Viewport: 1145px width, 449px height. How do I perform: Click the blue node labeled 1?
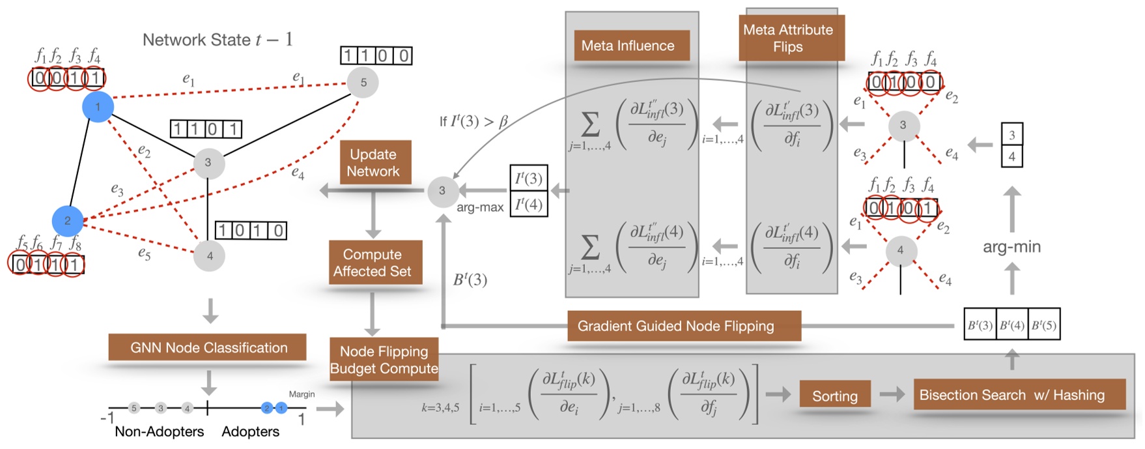[x=98, y=107]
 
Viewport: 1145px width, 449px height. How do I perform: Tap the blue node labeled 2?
[x=68, y=220]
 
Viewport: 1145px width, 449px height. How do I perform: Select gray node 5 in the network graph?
[x=363, y=83]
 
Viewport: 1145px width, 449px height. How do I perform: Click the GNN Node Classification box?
[x=208, y=348]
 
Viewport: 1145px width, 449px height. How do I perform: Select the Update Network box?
[x=373, y=163]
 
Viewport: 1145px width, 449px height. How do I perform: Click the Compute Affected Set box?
[x=373, y=263]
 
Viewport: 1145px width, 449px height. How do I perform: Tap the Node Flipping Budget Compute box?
[x=384, y=360]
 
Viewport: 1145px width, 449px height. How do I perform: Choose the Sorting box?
[x=834, y=396]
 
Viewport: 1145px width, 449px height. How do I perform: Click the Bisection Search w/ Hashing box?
[x=1011, y=395]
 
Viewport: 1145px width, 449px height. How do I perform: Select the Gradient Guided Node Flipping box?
[x=676, y=326]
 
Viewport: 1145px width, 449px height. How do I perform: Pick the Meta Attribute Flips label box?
[x=788, y=38]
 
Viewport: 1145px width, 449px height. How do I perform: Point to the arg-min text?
[x=1011, y=247]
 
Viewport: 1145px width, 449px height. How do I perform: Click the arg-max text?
[x=480, y=207]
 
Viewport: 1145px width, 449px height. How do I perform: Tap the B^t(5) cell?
[x=1044, y=325]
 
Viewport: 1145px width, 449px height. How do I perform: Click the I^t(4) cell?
[x=528, y=205]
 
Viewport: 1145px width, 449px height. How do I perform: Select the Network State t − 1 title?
[x=218, y=40]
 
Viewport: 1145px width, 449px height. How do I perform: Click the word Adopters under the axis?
[x=250, y=431]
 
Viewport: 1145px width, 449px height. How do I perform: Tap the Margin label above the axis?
[x=302, y=394]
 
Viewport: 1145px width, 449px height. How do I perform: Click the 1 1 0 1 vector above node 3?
[x=206, y=129]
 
